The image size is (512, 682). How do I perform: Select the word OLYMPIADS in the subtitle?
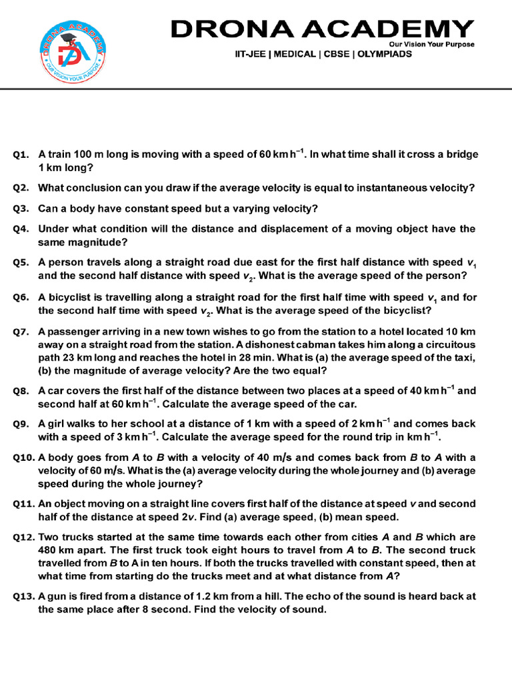tap(385, 54)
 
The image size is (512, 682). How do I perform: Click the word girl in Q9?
tap(56, 423)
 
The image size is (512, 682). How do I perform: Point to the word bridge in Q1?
tap(461, 154)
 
